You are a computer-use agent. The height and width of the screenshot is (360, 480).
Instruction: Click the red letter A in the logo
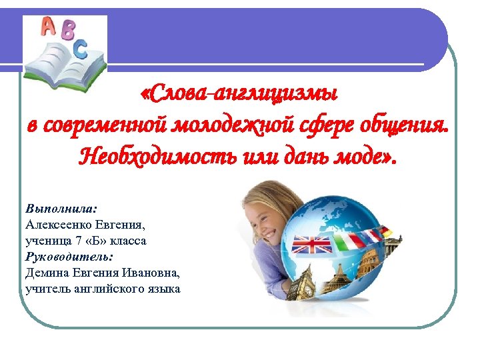click(x=48, y=26)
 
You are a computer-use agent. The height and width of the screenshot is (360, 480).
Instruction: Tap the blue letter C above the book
click(x=80, y=47)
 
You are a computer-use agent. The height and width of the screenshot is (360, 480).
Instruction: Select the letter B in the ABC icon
click(x=67, y=31)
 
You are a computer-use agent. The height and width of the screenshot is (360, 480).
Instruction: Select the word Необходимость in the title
click(x=143, y=157)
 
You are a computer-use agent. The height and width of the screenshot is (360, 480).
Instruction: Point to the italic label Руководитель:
click(x=69, y=256)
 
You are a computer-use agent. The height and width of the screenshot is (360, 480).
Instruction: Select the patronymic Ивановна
click(x=147, y=273)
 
